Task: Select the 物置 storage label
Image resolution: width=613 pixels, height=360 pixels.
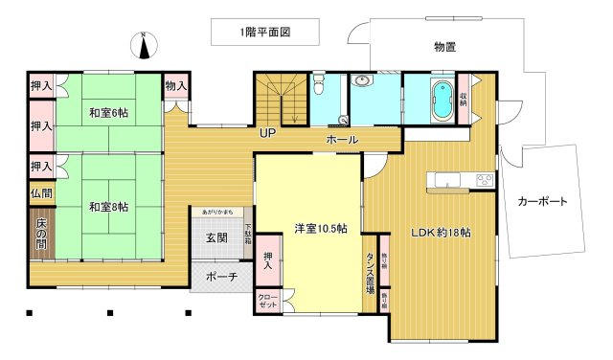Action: pyautogui.click(x=444, y=46)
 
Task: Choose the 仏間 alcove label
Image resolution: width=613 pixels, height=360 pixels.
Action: pyautogui.click(x=41, y=192)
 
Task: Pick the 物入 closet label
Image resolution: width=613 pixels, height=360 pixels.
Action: pyautogui.click(x=175, y=86)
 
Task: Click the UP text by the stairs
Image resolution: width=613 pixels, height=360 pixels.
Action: pyautogui.click(x=267, y=133)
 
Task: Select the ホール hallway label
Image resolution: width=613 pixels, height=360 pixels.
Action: pyautogui.click(x=342, y=140)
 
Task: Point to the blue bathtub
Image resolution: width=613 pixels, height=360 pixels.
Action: pyautogui.click(x=442, y=100)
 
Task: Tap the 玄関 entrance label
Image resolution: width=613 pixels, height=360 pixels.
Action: pyautogui.click(x=216, y=237)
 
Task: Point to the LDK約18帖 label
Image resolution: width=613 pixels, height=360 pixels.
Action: pyautogui.click(x=442, y=231)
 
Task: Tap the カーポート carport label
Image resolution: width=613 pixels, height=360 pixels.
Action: pyautogui.click(x=542, y=202)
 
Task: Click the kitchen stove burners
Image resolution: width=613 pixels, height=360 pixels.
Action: pyautogui.click(x=485, y=179)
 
